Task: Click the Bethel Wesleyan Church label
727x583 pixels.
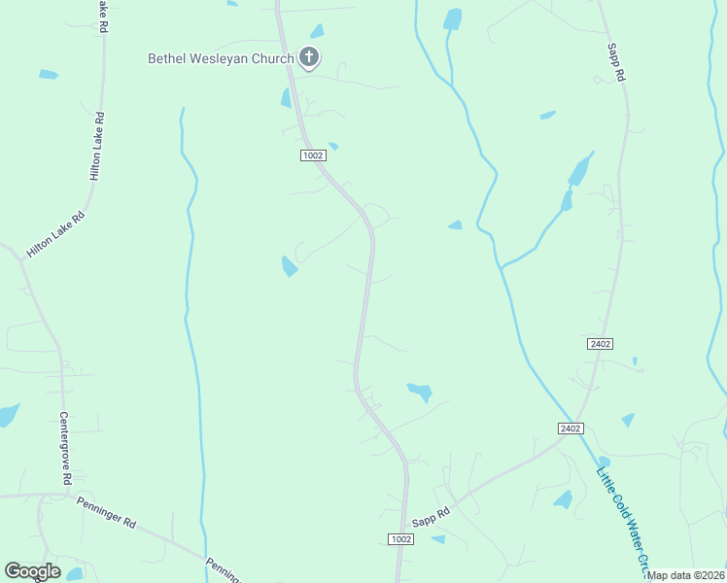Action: coord(221,58)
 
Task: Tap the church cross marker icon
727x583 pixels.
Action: coord(309,57)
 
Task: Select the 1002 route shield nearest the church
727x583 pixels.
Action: coord(312,155)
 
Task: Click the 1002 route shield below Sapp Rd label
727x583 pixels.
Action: coord(400,539)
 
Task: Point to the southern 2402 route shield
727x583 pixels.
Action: coord(571,429)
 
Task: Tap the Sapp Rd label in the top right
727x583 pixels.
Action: coord(614,60)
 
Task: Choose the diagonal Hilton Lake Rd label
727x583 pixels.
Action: coord(56,234)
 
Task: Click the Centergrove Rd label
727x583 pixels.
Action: coord(65,449)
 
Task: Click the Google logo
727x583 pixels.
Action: coord(32,571)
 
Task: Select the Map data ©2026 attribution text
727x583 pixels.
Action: coord(686,575)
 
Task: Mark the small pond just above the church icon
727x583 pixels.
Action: coord(317,31)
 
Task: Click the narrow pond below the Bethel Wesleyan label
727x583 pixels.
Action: coord(286,97)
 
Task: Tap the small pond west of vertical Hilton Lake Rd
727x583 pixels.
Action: coord(49,74)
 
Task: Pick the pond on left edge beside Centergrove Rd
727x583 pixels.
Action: coord(8,415)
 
